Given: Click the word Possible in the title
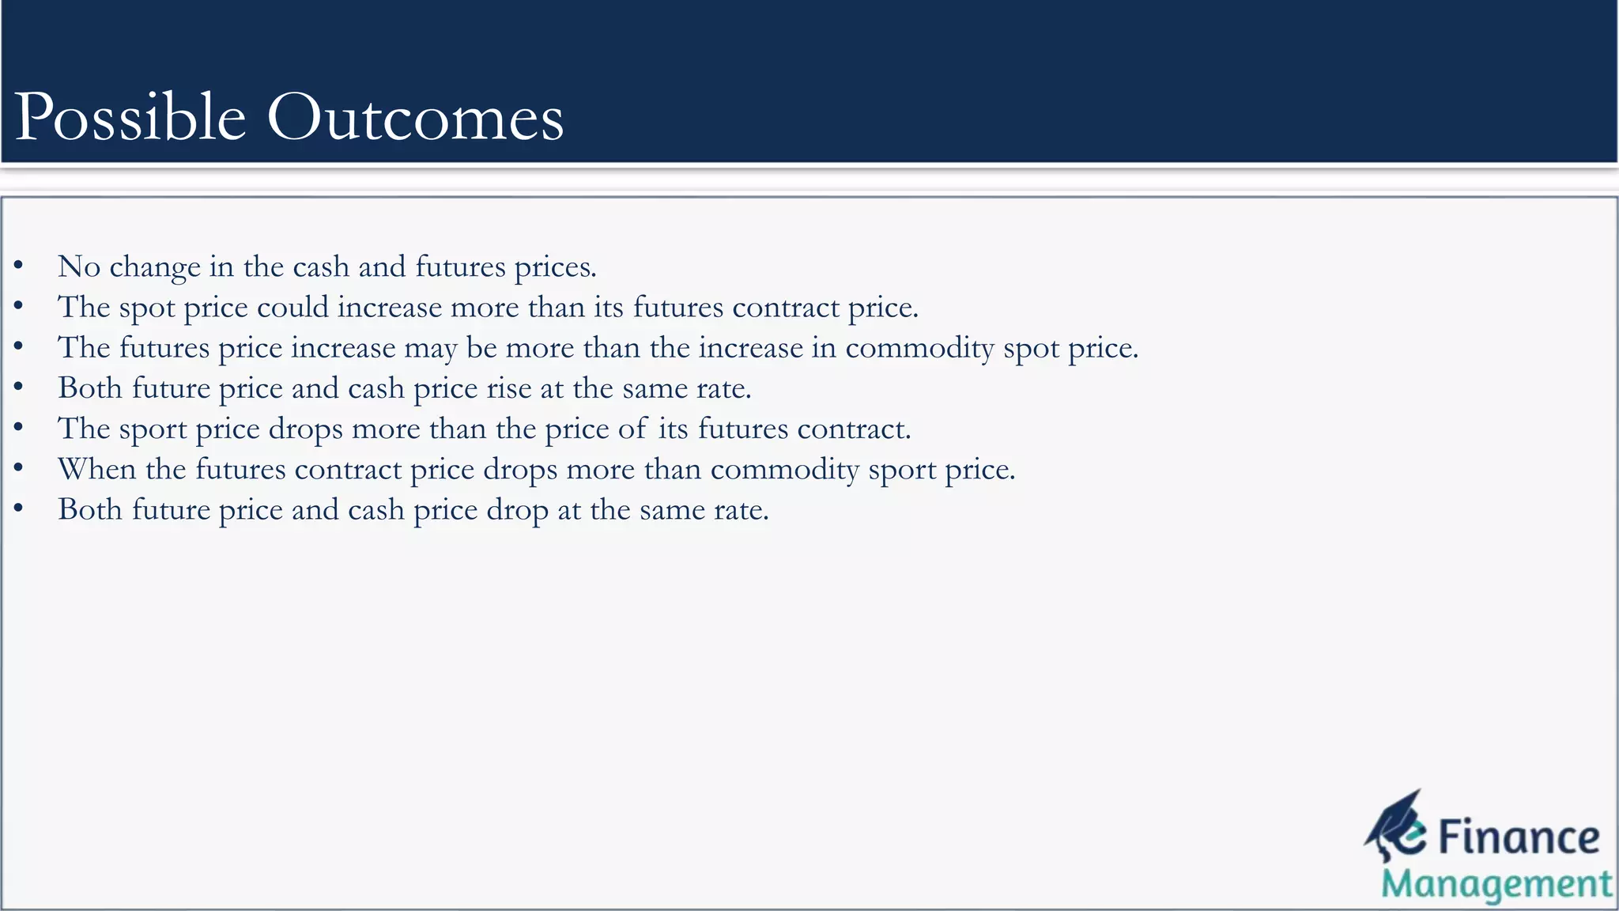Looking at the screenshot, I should pyautogui.click(x=130, y=118).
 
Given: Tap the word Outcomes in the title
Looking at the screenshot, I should pyautogui.click(x=415, y=118).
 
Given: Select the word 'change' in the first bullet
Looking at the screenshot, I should pyautogui.click(x=154, y=267).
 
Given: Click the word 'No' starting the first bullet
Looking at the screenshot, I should pyautogui.click(x=79, y=267).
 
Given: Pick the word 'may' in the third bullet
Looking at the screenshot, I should pyautogui.click(x=430, y=349).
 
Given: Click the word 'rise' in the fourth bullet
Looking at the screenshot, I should pyautogui.click(x=508, y=388).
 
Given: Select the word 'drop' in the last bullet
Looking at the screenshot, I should pyautogui.click(x=517, y=510).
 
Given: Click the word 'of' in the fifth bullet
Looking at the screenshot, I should pyautogui.click(x=632, y=429).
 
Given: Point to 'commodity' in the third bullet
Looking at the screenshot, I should pyautogui.click(x=919, y=348).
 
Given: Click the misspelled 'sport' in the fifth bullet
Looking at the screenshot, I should pyautogui.click(x=153, y=430).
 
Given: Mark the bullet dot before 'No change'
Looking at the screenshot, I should pyautogui.click(x=18, y=266).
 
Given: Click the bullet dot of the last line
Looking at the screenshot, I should pyautogui.click(x=18, y=509).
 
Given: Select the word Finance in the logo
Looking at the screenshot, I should pyautogui.click(x=1518, y=837).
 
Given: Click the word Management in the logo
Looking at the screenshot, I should pyautogui.click(x=1496, y=884).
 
